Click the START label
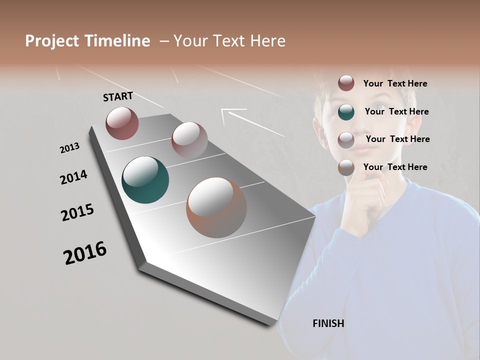tap(118, 96)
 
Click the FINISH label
tap(328, 323)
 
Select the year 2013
tap(69, 148)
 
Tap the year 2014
tap(73, 177)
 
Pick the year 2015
tap(77, 212)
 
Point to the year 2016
tap(85, 253)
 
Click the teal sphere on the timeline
tap(145, 180)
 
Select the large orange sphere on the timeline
tap(216, 207)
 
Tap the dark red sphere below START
tap(122, 123)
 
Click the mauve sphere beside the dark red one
tap(189, 140)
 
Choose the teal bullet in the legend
tap(346, 112)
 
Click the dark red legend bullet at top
tap(346, 83)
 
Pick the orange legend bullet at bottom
tap(346, 167)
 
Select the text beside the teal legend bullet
tap(396, 111)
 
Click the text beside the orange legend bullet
tap(395, 167)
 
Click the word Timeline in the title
tap(117, 41)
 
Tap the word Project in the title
tap(52, 41)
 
